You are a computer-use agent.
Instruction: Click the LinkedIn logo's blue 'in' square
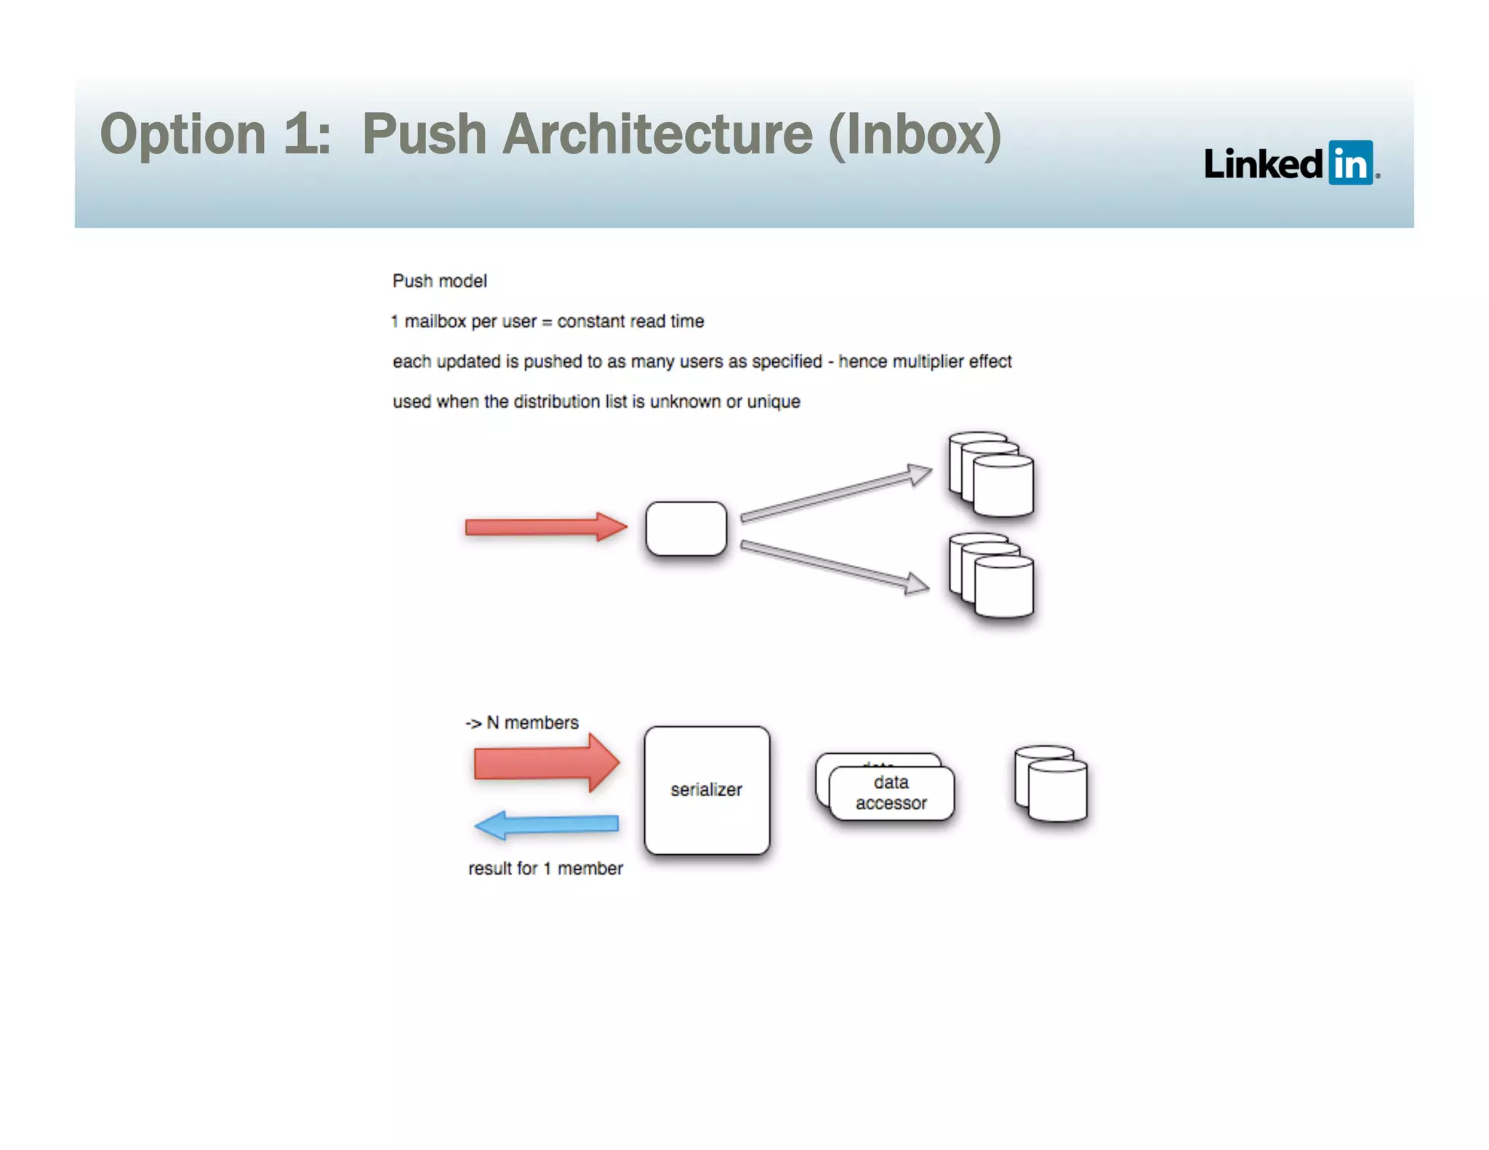tap(1350, 163)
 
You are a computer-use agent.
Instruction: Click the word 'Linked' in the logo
tap(1263, 164)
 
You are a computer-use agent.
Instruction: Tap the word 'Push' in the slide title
tap(424, 134)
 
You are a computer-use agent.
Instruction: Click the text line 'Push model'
tap(439, 281)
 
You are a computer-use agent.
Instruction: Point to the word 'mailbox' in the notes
tap(435, 321)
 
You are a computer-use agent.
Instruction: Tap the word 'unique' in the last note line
tap(774, 401)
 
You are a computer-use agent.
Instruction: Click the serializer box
tap(706, 790)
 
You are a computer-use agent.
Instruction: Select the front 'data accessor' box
tap(891, 794)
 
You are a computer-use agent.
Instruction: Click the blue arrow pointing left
tap(546, 825)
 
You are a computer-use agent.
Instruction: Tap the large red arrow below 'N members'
tap(546, 763)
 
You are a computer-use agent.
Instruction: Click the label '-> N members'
tap(521, 723)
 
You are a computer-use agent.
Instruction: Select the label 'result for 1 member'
tap(545, 869)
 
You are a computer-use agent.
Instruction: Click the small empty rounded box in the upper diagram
tap(686, 528)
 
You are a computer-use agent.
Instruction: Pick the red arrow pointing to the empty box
tap(545, 527)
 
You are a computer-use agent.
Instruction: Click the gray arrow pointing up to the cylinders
tap(835, 495)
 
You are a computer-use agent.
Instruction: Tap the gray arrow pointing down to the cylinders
tap(834, 566)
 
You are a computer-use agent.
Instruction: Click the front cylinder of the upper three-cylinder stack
tap(1003, 487)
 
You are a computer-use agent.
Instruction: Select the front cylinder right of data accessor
tap(1058, 792)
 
